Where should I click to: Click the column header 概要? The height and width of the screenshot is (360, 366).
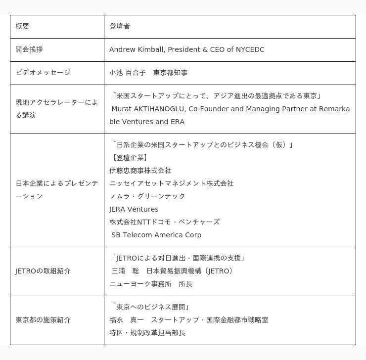click(22, 26)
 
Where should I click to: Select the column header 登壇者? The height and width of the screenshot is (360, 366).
click(120, 26)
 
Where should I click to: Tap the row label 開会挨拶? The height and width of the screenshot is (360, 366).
click(29, 49)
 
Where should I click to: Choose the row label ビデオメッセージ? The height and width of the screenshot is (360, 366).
click(43, 73)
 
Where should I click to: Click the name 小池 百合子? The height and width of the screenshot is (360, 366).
click(128, 73)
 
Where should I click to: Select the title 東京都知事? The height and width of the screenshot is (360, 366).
click(171, 73)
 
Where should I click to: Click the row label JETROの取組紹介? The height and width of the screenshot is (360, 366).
click(43, 271)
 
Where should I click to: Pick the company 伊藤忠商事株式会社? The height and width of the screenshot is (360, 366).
click(140, 171)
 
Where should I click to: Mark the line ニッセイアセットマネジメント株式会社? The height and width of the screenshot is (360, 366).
click(172, 183)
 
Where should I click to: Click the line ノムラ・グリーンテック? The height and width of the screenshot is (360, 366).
click(147, 196)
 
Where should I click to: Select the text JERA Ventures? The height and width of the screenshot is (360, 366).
click(134, 209)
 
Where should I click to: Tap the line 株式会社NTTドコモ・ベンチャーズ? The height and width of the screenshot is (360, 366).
click(165, 222)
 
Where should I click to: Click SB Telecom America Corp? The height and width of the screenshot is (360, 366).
click(156, 235)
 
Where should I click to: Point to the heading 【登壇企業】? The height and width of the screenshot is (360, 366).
click(129, 158)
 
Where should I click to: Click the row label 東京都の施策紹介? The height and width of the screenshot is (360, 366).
click(43, 320)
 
